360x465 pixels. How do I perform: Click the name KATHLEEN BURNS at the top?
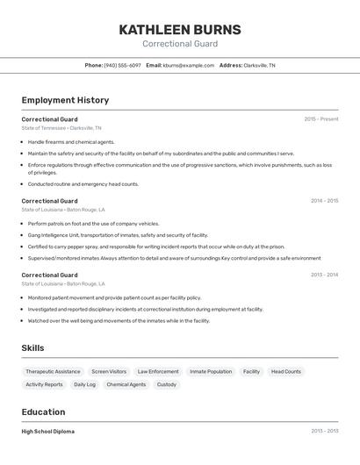pos(180,29)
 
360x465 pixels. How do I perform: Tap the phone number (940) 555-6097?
pos(122,65)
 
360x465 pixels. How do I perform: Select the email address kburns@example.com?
pos(188,65)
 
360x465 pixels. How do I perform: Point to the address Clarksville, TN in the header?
pos(259,65)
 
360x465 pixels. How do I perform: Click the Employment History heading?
pos(65,100)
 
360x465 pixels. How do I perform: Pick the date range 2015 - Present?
pos(320,119)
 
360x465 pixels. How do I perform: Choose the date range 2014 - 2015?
pos(324,201)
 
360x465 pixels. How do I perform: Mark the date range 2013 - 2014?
pos(324,275)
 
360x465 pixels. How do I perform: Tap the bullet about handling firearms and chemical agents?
pos(71,141)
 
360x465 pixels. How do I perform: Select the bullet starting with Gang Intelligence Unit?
pos(118,235)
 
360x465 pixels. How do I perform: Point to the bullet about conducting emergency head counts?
pos(83,184)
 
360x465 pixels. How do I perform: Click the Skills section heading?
pos(33,348)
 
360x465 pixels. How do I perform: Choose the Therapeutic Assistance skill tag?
pos(53,371)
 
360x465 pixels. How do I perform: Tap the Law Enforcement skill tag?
pos(158,371)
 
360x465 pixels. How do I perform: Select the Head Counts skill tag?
pos(285,371)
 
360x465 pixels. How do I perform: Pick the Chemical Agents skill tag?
pos(126,384)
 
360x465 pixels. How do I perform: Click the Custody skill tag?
pos(167,384)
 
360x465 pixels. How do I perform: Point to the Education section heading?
pos(43,411)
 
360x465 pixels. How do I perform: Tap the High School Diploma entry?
pos(48,432)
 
